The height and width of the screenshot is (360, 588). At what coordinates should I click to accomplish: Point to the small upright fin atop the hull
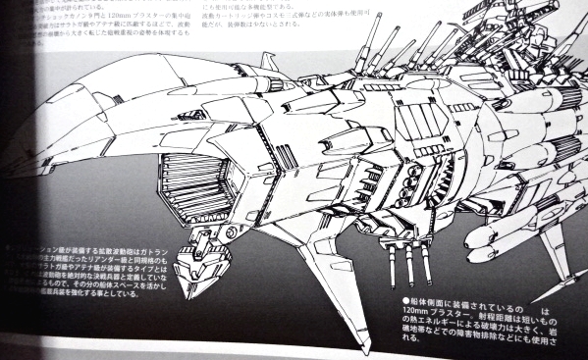point(267,63)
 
